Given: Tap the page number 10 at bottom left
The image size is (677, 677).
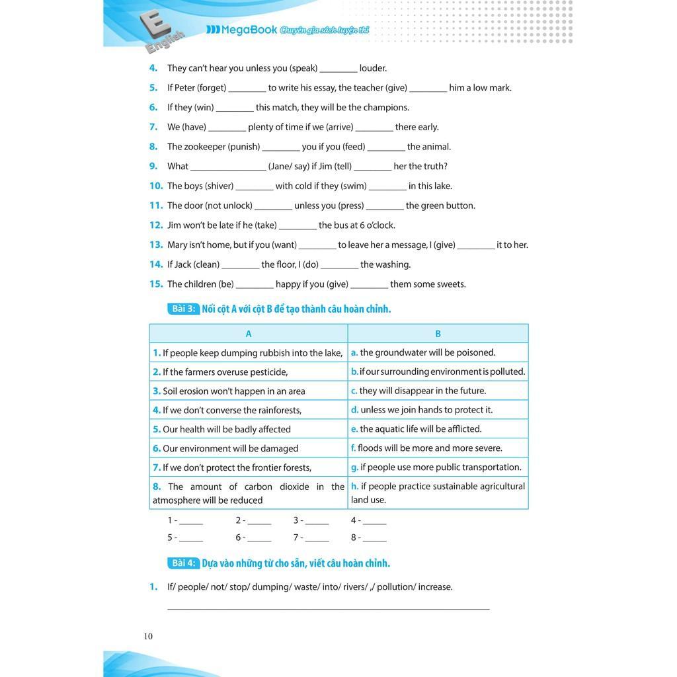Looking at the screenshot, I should (148, 636).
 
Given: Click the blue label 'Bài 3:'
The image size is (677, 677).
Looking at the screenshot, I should (183, 309).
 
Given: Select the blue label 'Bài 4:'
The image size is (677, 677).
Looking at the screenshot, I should (183, 563).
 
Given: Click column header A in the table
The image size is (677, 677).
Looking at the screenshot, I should (249, 334).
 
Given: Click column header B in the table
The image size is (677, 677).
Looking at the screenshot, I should (438, 334).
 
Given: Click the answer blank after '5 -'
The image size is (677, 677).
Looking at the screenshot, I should (191, 539).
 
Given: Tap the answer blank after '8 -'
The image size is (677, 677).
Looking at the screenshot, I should (375, 539).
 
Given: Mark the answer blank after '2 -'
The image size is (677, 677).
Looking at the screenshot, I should (259, 522).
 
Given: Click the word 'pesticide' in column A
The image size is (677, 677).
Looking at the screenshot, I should (268, 372).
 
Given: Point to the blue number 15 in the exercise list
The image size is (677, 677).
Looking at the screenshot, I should (156, 284).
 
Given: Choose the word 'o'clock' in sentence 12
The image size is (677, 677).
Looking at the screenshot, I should (380, 225).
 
